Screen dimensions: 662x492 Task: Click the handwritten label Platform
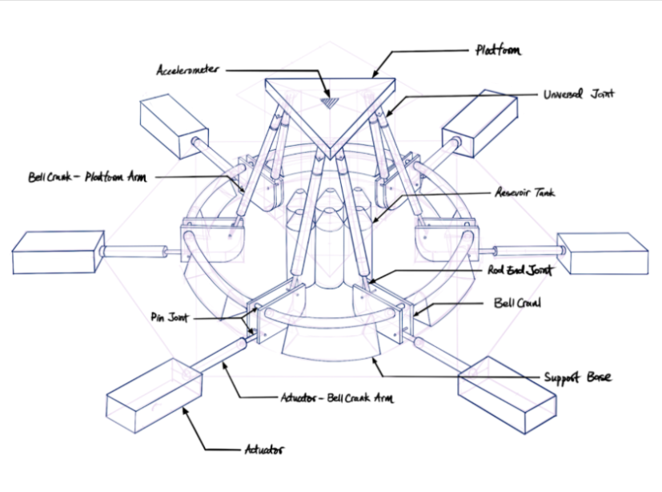coord(498,50)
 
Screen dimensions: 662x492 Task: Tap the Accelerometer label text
coord(188,70)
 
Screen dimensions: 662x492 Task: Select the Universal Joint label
coord(579,94)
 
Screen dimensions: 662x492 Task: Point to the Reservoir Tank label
coord(525,193)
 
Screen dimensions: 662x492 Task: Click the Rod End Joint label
coord(520,270)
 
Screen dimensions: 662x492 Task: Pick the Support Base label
coord(577,377)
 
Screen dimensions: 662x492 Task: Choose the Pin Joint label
coord(169,317)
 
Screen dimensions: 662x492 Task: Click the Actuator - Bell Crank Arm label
coord(337,397)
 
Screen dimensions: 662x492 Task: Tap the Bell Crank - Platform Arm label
coord(87,176)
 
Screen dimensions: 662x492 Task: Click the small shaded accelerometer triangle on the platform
coord(329,103)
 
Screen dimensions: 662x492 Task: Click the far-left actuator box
coord(58,252)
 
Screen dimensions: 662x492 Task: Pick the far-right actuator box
coord(603,253)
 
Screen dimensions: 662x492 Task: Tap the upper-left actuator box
coord(174,127)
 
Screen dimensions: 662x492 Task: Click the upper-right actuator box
coord(479,123)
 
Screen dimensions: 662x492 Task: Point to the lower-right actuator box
coord(508,395)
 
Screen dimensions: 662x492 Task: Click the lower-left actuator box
coord(154,396)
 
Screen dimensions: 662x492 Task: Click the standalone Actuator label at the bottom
coord(264,449)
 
